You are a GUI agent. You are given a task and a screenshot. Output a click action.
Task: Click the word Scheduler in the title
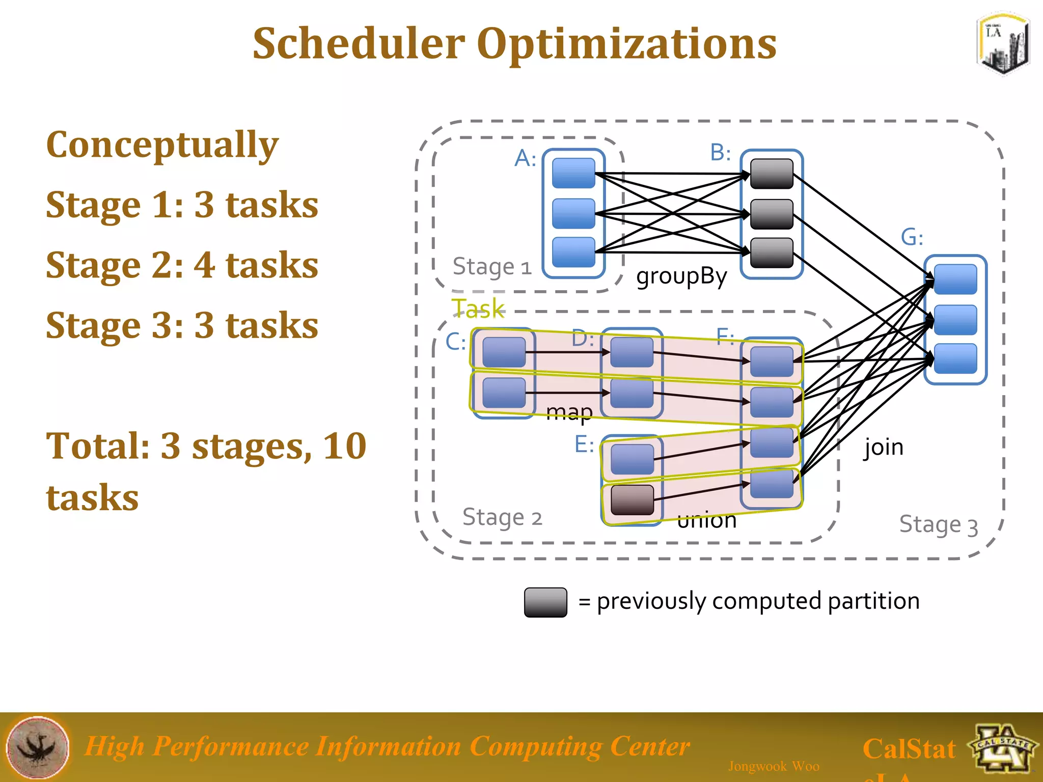(359, 44)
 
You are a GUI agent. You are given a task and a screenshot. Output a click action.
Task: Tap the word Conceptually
(162, 145)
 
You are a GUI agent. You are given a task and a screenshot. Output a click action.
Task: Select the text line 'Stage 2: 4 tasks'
(182, 265)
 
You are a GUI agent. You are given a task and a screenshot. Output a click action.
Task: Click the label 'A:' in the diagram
(525, 158)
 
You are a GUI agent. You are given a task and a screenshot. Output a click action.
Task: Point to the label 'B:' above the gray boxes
(720, 152)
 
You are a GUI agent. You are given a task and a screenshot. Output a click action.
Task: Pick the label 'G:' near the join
(912, 237)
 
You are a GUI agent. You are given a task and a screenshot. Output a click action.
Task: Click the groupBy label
(681, 276)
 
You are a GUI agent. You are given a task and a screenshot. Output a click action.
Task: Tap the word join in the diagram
(884, 448)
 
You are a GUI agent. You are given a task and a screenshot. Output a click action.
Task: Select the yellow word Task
(478, 309)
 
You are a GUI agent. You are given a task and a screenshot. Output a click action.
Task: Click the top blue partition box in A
(573, 173)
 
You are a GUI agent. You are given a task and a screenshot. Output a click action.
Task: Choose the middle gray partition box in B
(772, 214)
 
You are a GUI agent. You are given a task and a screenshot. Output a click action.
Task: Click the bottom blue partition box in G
(955, 358)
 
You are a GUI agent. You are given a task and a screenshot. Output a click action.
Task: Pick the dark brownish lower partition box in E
(632, 499)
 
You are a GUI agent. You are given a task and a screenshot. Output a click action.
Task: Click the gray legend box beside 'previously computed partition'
(545, 602)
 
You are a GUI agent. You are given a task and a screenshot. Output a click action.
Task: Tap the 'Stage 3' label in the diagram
(938, 525)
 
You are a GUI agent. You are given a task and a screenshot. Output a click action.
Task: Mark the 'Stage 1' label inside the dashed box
(491, 267)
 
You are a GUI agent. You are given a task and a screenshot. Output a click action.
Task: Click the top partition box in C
(504, 352)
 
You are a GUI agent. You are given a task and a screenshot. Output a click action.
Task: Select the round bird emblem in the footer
(38, 747)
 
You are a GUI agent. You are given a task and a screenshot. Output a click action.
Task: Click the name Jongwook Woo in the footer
(774, 766)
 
